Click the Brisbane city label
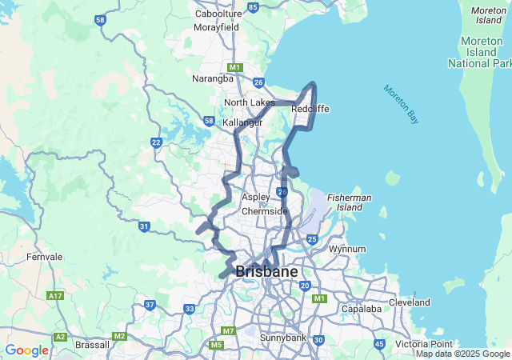[x=266, y=272]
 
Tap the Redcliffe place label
[x=310, y=109]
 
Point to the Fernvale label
[x=44, y=257]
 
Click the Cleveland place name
[x=409, y=302]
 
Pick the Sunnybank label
[x=283, y=338]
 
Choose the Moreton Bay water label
[x=401, y=104]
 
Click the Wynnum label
[x=347, y=249]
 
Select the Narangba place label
[x=213, y=78]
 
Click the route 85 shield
[x=253, y=7]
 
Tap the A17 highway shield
[x=55, y=296]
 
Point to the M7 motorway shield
[x=229, y=330]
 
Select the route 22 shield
[x=156, y=142]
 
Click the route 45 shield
[x=378, y=344]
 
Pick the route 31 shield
[x=144, y=227]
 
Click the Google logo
[x=26, y=350]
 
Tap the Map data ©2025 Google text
[x=462, y=354]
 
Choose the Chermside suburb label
[x=264, y=211]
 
